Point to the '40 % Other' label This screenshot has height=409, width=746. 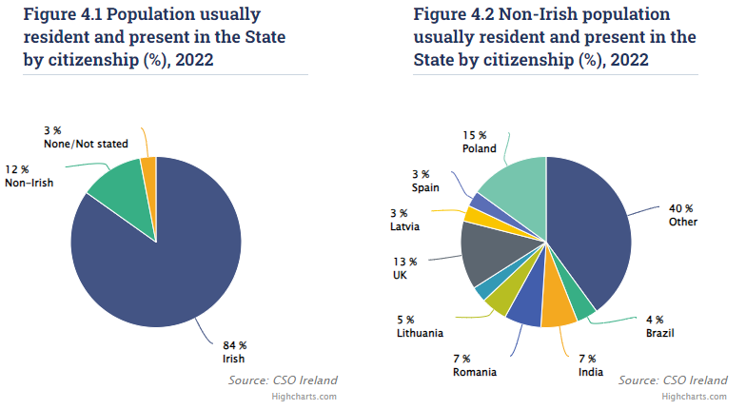[682, 215]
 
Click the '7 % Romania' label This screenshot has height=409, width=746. [474, 364]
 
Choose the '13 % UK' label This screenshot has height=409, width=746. [404, 267]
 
